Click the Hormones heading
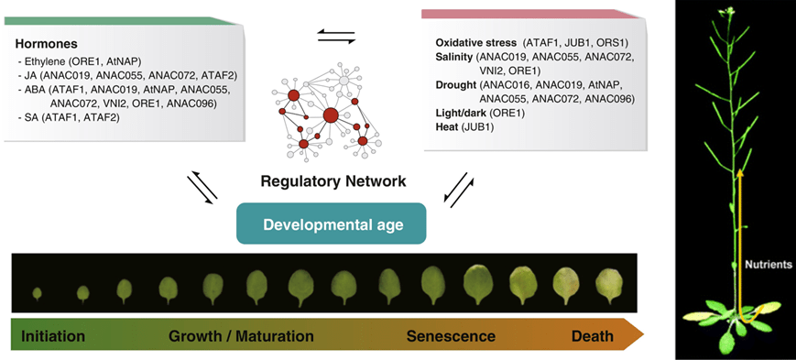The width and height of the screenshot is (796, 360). pos(46,44)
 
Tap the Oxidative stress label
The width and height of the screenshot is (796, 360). pos(476,43)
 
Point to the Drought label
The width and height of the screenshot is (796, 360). pos(455,85)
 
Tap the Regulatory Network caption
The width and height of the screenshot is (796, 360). pos(333,180)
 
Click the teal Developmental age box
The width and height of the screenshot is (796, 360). pos(331,224)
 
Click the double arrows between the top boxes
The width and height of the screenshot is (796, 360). pos(335,37)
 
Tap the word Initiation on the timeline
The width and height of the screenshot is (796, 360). pos(53,336)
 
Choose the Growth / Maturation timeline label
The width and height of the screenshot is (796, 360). pos(241,336)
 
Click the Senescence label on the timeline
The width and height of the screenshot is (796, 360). pos(451,336)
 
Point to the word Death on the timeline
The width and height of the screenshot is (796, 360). pos(593,336)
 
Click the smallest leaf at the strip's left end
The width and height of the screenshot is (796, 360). pos(37,293)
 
